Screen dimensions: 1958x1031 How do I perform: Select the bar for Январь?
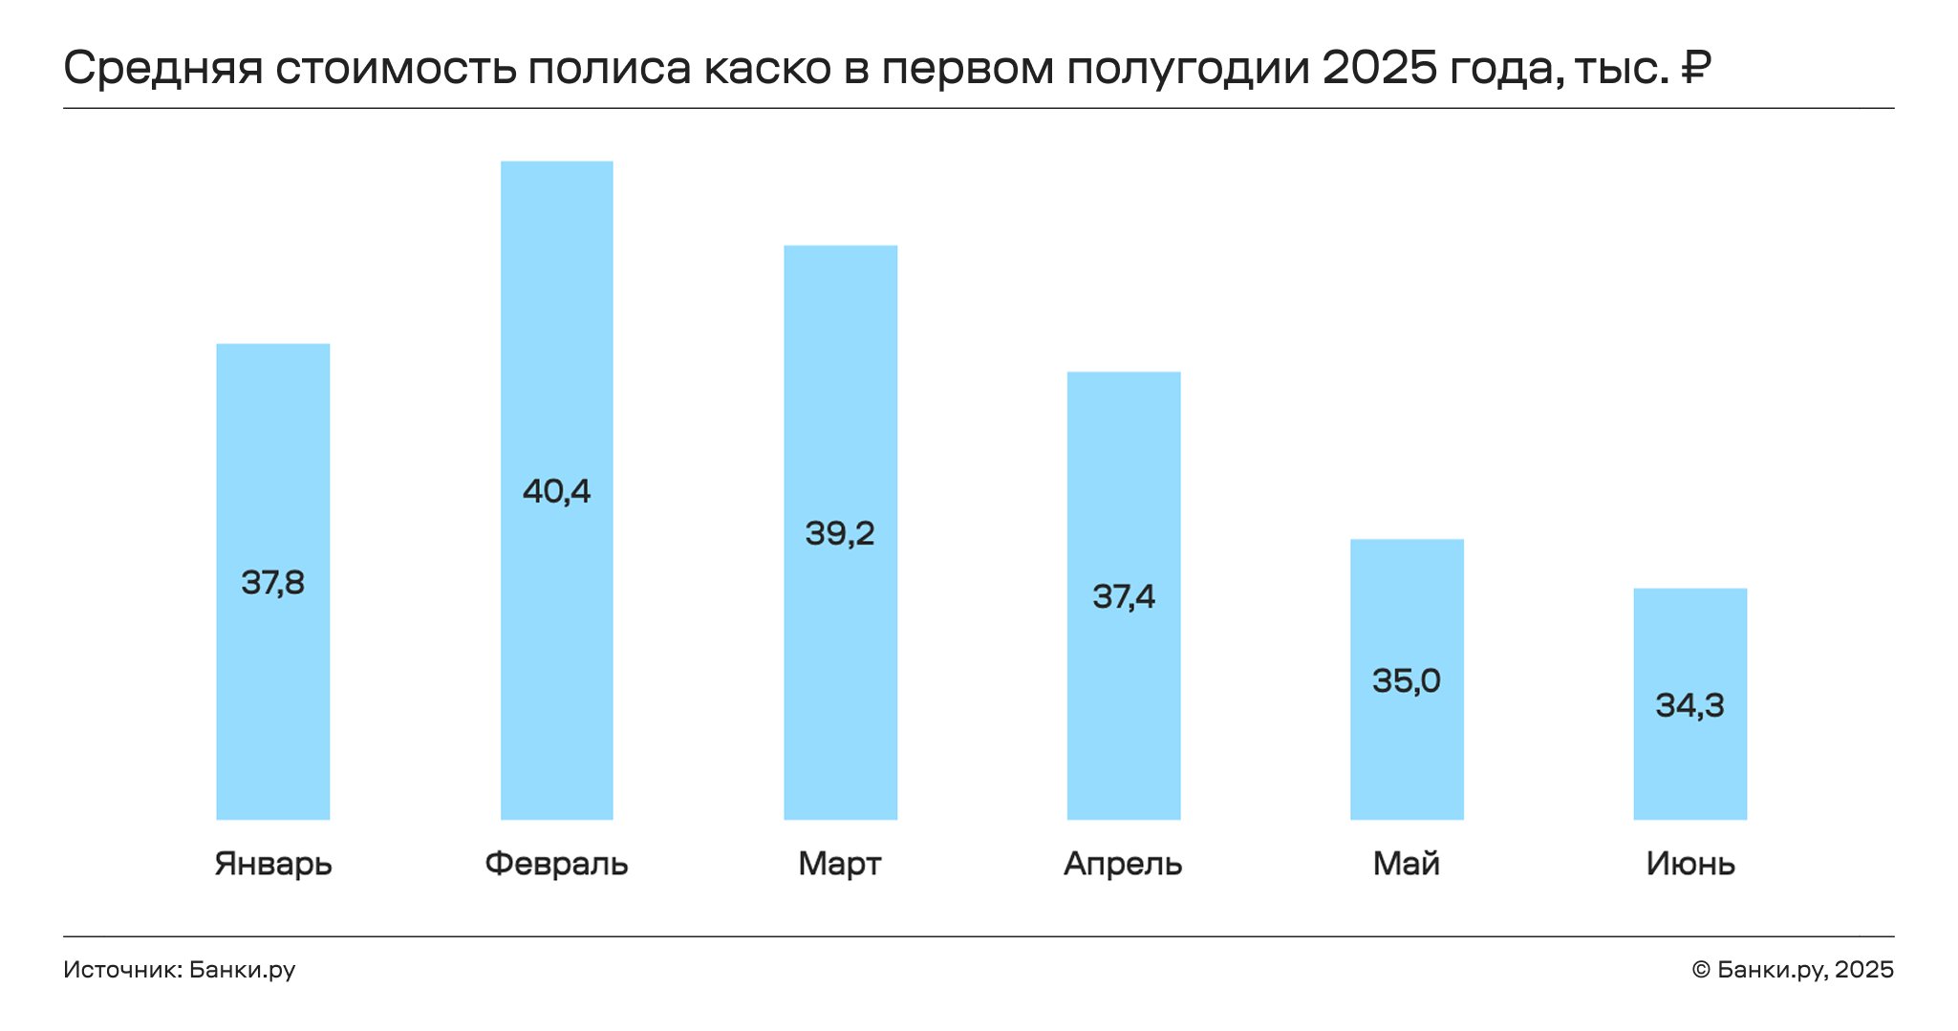[x=273, y=581]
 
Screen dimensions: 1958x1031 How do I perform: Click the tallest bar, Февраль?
[x=557, y=490]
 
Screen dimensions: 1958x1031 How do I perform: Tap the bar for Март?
[x=841, y=532]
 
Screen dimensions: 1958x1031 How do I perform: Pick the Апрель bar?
[x=1124, y=595]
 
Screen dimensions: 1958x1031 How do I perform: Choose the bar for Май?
[x=1407, y=679]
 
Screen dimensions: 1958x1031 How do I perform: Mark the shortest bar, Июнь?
[x=1690, y=704]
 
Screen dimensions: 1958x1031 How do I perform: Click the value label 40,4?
[x=557, y=491]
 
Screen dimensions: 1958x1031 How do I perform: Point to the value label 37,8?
[x=273, y=582]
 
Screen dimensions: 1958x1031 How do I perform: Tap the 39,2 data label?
[x=840, y=533]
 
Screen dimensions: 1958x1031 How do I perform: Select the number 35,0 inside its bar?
[x=1407, y=680]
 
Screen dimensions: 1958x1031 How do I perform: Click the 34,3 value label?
[x=1690, y=705]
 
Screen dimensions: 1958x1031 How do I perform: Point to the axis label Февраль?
[x=556, y=864]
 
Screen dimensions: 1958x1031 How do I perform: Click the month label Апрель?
[x=1123, y=864]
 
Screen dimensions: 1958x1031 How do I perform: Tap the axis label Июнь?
[x=1690, y=864]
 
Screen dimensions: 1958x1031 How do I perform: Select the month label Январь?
[x=273, y=864]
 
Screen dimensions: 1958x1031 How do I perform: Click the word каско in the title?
[x=768, y=69]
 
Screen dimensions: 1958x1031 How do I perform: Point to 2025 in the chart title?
[x=1380, y=67]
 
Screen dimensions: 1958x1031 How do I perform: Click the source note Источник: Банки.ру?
[x=180, y=970]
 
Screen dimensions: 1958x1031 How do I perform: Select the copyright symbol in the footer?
[x=1701, y=970]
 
